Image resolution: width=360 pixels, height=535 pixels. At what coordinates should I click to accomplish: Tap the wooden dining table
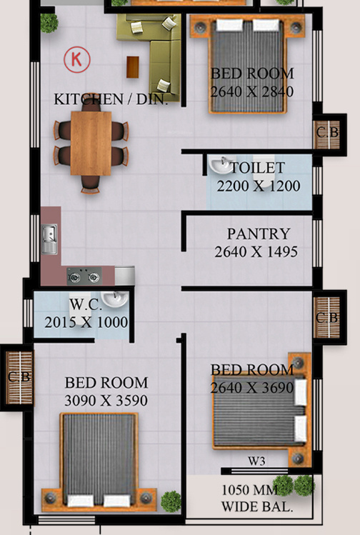pos(91,143)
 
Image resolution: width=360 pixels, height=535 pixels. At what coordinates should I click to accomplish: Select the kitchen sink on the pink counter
pos(49,239)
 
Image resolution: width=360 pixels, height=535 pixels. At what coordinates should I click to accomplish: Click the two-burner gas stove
pos(84,275)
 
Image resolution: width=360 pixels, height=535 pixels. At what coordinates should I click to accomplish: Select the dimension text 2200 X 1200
pos(258,186)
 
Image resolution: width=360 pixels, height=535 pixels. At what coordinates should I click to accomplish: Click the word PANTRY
pos(259,234)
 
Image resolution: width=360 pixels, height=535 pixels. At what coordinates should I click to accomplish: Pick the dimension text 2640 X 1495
pos(256,251)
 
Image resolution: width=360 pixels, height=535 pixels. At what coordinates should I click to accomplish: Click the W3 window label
pos(256,461)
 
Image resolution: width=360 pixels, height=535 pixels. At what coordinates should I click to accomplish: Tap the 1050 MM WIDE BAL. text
pos(256,499)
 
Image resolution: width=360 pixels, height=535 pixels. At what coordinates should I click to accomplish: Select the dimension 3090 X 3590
pos(106,401)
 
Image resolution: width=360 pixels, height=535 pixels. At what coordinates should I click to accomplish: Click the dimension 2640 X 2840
pos(252,91)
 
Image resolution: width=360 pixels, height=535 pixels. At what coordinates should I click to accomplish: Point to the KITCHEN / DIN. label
pos(111,99)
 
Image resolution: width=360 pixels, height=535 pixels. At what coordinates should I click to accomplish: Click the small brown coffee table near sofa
pos(133,66)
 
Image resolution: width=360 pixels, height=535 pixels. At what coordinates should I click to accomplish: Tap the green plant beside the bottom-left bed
pos(171,501)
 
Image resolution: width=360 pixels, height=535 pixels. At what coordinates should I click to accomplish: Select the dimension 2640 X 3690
pos(252,387)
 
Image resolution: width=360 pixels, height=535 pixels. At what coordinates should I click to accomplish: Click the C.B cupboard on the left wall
pos(19,376)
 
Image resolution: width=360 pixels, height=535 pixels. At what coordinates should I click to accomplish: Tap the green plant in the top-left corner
pos(49,23)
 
